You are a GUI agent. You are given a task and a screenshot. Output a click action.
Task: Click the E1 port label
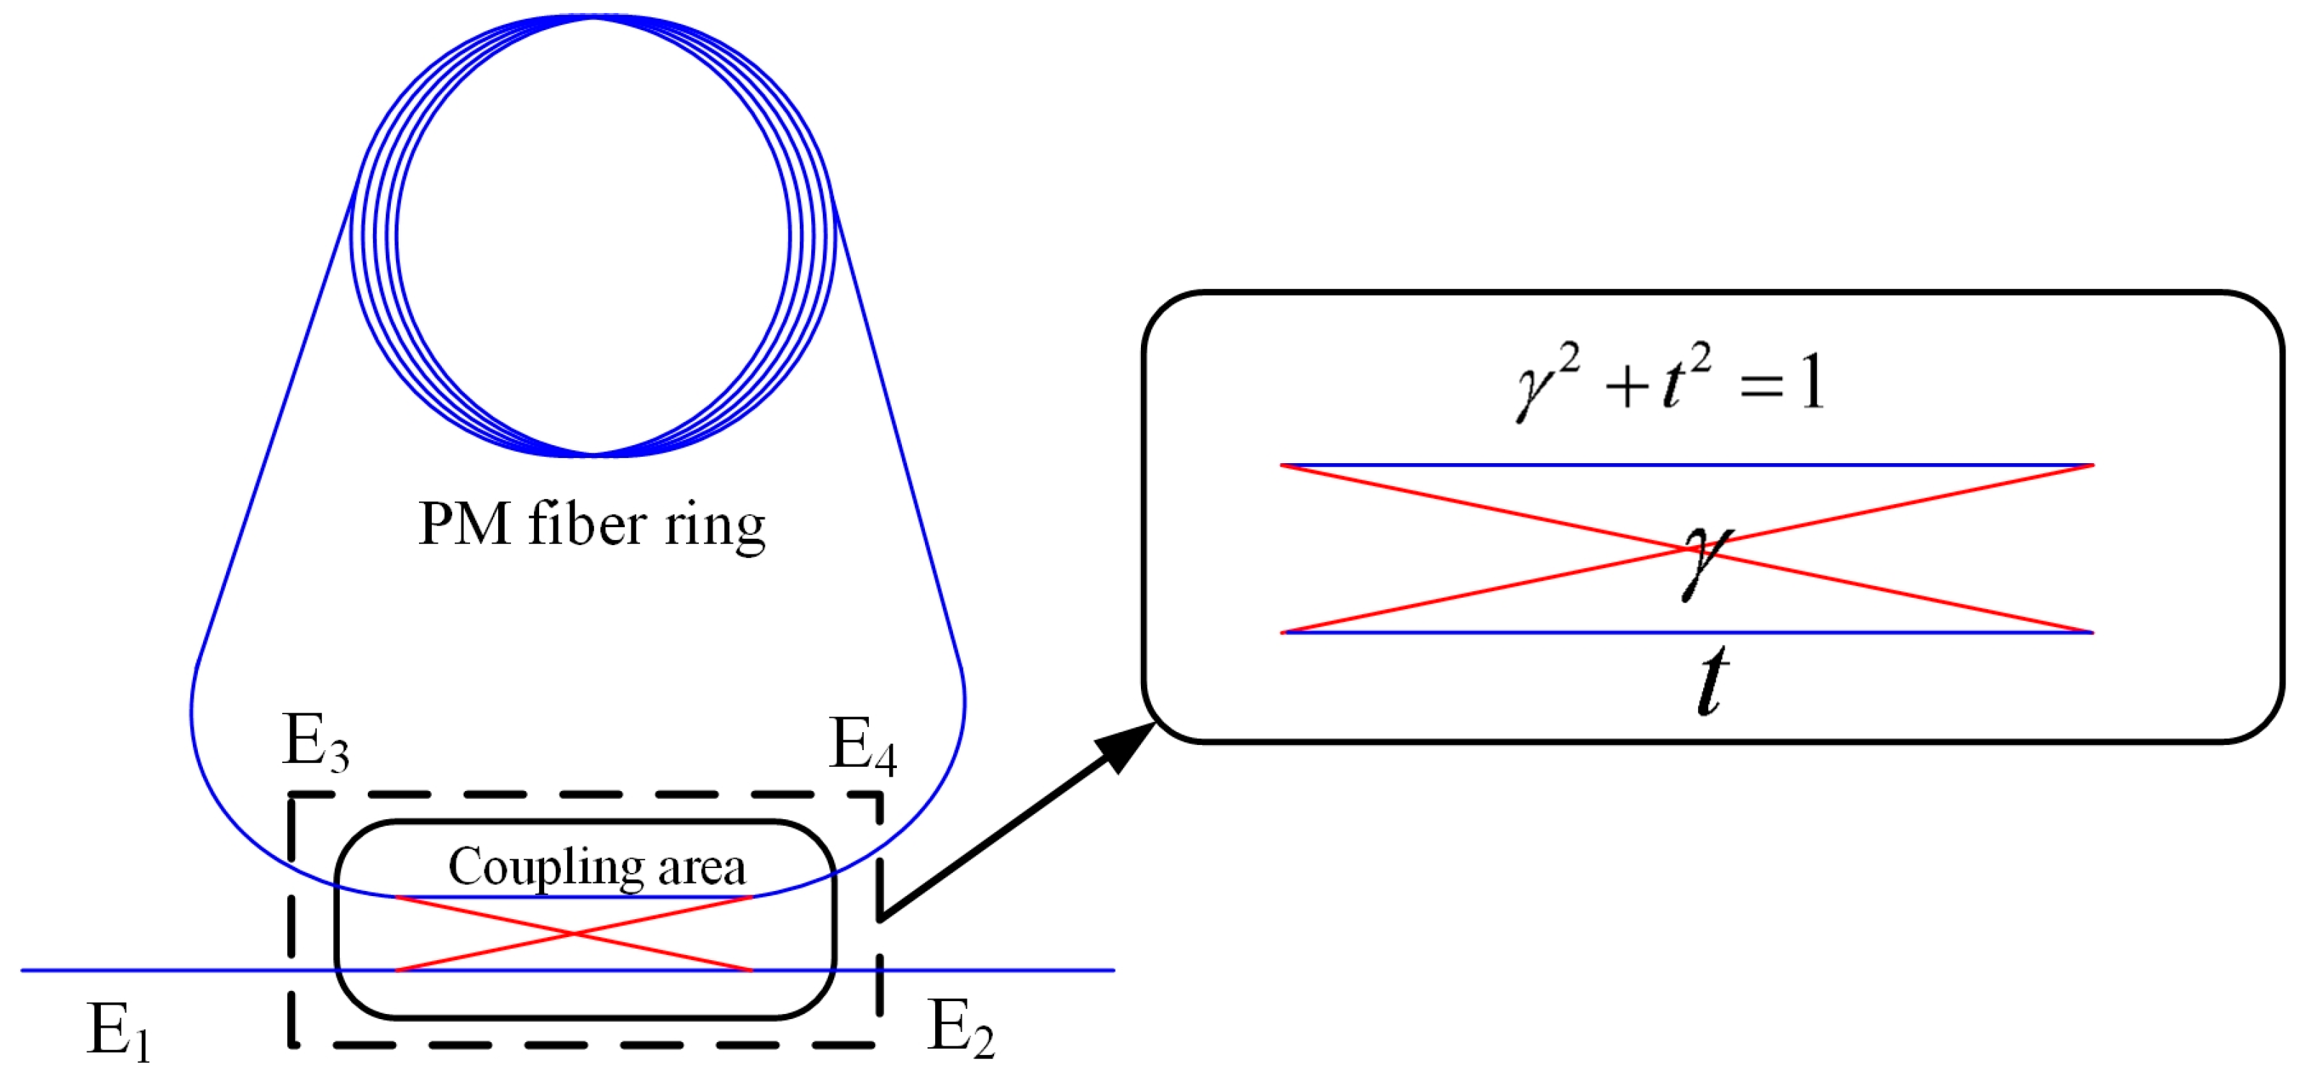tap(119, 1031)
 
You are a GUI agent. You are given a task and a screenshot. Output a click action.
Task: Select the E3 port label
tap(315, 742)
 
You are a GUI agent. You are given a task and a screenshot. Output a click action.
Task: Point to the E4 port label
tap(862, 745)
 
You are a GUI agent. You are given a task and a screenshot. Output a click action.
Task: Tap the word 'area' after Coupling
tap(702, 868)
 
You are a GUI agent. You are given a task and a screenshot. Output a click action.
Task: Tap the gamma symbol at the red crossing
tap(1706, 559)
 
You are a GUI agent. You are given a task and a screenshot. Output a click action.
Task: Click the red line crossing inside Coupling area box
tap(574, 934)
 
